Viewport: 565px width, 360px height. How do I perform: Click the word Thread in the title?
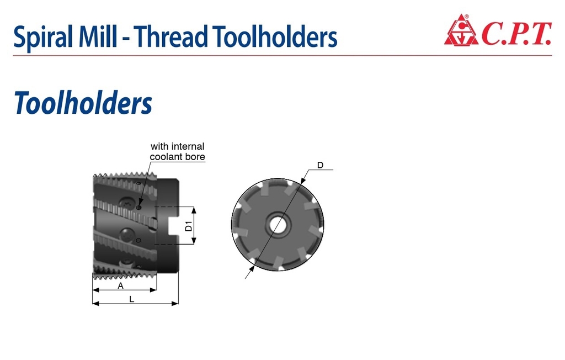click(x=172, y=36)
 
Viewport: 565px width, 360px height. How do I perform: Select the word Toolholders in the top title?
click(x=275, y=36)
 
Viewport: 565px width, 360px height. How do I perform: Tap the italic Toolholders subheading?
click(x=83, y=103)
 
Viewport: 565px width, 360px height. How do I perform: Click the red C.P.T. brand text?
click(x=516, y=34)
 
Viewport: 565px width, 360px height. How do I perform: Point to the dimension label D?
click(x=320, y=165)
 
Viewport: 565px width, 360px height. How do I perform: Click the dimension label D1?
click(x=189, y=226)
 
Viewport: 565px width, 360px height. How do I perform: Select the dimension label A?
click(x=121, y=285)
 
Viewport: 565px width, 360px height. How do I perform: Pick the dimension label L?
click(x=132, y=299)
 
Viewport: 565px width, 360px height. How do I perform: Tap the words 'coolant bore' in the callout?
click(x=177, y=157)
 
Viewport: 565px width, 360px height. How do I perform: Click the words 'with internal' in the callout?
click(x=177, y=146)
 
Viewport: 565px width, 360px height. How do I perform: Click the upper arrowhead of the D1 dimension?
click(x=194, y=210)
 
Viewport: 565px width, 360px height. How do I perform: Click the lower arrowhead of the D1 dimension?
click(x=194, y=241)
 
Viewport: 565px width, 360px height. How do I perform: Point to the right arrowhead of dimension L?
click(x=175, y=303)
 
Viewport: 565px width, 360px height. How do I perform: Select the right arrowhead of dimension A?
click(x=153, y=289)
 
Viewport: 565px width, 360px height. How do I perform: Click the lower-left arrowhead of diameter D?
click(x=253, y=268)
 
